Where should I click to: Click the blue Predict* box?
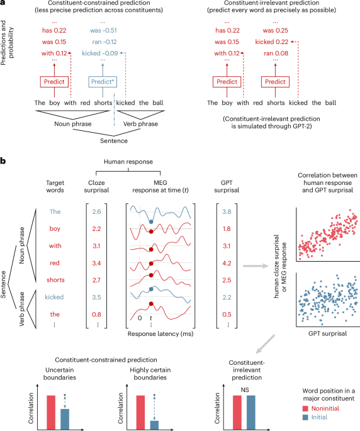click(x=101, y=82)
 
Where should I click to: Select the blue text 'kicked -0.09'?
click(x=101, y=55)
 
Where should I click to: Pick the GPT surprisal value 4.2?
click(x=231, y=256)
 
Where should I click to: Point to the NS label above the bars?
click(x=244, y=389)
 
